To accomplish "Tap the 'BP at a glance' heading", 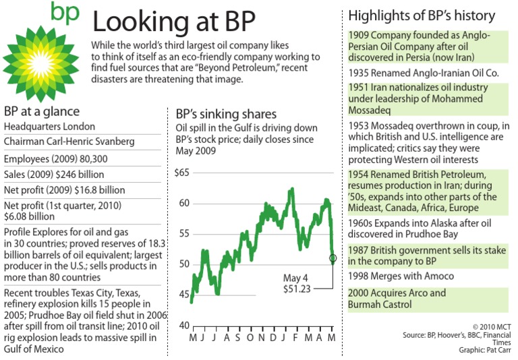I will click(42, 111).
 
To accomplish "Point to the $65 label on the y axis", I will click(181, 173).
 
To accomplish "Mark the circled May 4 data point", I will click(333, 258).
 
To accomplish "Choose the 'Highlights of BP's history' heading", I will click(422, 16).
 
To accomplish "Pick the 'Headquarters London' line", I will click(49, 126).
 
